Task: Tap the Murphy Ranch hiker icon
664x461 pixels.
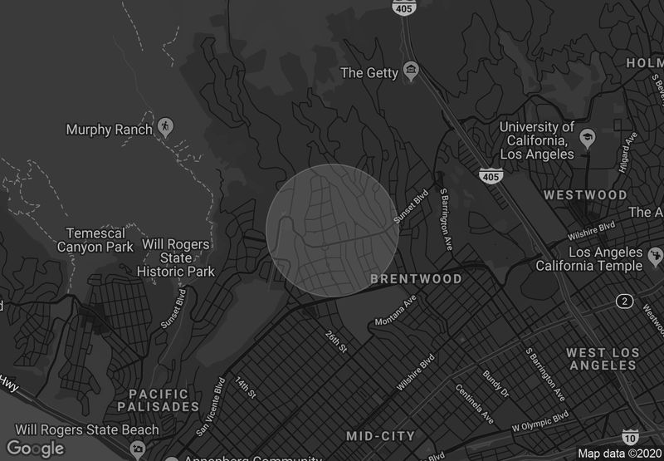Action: click(165, 126)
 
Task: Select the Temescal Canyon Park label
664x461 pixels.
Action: click(95, 240)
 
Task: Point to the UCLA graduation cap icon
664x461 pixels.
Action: click(588, 138)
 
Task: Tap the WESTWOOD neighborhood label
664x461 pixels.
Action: click(585, 195)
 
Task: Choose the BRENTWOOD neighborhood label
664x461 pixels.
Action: click(416, 279)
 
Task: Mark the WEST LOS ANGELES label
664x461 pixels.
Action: click(603, 359)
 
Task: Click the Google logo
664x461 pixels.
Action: click(35, 449)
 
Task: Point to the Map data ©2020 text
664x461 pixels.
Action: click(618, 454)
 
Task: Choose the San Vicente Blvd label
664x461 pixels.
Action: click(211, 408)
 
